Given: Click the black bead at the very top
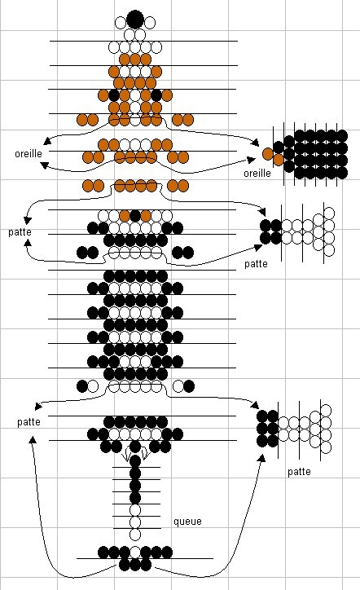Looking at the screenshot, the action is tap(135, 20).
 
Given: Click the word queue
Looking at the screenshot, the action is tap(187, 522).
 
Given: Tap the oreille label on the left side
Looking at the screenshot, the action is tap(29, 153).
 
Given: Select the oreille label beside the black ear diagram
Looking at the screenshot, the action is tap(257, 173).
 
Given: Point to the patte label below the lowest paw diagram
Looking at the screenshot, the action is tap(299, 472).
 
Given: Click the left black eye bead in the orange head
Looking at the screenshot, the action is tap(114, 95).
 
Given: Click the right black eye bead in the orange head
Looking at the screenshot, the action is tap(156, 95).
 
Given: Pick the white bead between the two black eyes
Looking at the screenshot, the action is tap(135, 95).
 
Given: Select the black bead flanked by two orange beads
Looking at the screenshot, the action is tap(135, 216).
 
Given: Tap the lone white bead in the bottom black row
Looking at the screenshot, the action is tap(135, 553).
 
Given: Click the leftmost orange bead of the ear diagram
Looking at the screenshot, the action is tap(268, 153).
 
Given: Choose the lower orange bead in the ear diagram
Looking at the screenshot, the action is tap(279, 161).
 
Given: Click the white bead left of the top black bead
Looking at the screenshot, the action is tap(121, 23).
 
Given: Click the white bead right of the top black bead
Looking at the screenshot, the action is tap(149, 23).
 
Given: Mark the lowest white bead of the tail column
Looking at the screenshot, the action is tap(135, 535).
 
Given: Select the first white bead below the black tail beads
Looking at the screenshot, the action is tap(135, 510).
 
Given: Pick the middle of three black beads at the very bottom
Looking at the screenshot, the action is tap(135, 565).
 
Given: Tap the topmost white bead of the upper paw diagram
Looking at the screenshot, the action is tap(329, 213).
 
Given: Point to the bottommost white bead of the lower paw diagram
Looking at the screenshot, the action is tap(326, 447).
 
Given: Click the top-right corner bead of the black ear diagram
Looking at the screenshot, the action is tap(341, 136).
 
